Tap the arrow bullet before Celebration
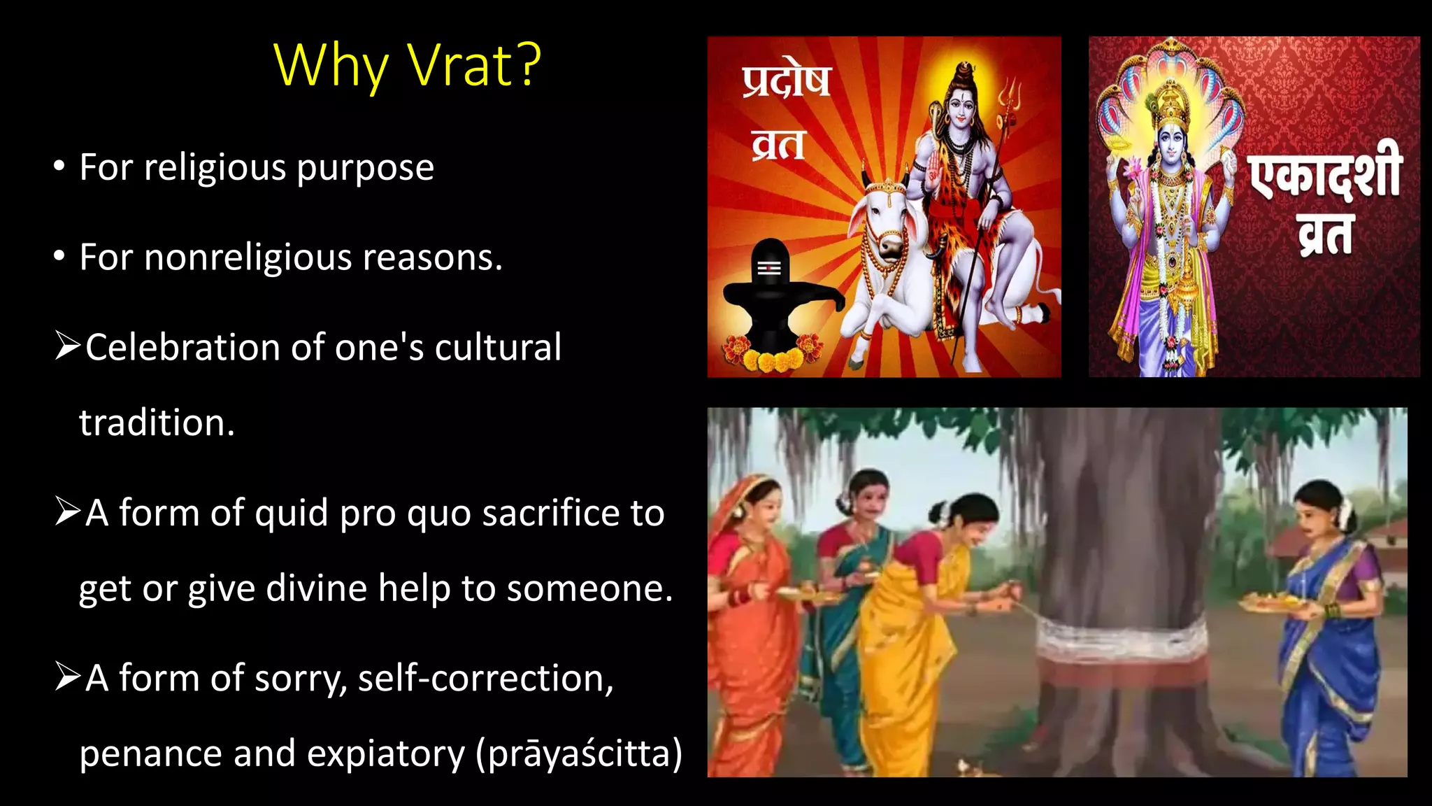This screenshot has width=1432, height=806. (x=68, y=346)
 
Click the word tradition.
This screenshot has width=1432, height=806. (x=157, y=423)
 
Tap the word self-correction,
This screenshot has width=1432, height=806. (x=485, y=679)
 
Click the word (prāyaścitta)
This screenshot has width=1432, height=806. (x=579, y=754)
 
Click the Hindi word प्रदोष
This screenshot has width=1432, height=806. (x=786, y=82)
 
